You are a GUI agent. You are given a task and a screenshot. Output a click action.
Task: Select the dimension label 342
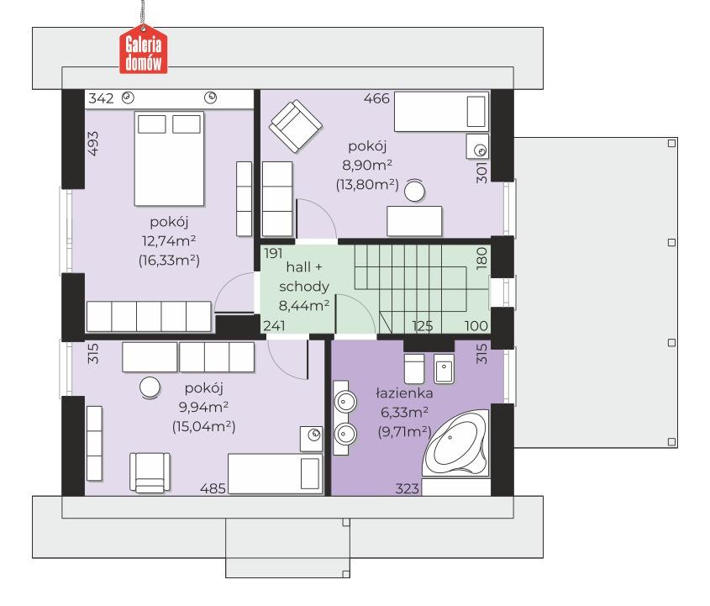tap(101, 98)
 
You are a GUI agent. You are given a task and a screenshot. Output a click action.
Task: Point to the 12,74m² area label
tap(169, 240)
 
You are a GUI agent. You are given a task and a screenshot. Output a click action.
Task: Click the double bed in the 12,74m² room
tap(169, 159)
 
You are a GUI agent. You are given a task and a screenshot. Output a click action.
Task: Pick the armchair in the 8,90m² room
tap(296, 126)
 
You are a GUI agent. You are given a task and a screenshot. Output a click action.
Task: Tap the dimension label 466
tap(376, 98)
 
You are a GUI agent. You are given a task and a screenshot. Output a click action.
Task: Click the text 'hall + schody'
tap(304, 277)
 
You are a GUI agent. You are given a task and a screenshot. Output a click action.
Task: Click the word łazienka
tap(404, 393)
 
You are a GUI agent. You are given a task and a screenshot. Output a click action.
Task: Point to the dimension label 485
tap(213, 488)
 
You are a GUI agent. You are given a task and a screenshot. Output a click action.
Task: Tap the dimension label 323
tap(407, 488)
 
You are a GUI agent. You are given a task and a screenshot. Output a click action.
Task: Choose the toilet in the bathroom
tap(414, 368)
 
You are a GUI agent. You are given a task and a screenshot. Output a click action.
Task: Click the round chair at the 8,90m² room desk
tap(414, 190)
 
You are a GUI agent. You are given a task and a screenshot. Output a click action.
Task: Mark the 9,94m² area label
tap(204, 407)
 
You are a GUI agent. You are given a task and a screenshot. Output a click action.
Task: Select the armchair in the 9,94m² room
tap(150, 472)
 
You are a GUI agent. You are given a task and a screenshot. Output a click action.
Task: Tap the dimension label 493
tap(92, 144)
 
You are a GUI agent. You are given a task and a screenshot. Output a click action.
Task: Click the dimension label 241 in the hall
tap(274, 325)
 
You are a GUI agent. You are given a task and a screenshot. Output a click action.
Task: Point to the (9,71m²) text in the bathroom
tap(404, 432)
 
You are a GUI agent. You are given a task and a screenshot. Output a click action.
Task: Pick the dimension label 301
tap(482, 172)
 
